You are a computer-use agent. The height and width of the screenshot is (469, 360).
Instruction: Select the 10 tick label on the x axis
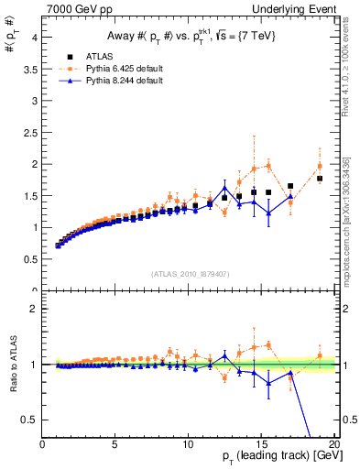click(x=188, y=444)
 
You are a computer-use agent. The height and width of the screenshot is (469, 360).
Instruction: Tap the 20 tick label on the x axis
click(x=334, y=444)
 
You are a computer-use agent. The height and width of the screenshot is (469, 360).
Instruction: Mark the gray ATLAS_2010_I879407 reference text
click(x=190, y=274)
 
